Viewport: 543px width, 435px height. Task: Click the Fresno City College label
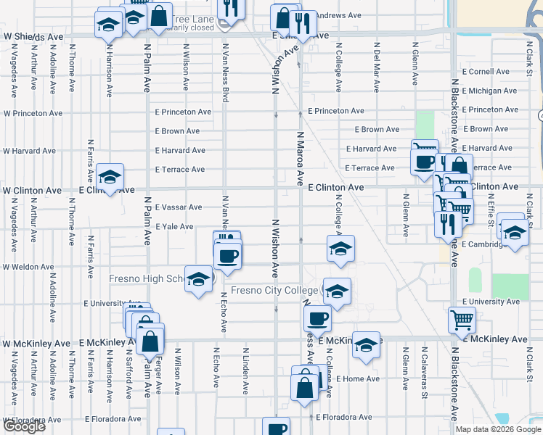(274, 291)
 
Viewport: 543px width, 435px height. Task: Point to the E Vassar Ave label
(178, 207)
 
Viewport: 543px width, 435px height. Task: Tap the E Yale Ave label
(173, 226)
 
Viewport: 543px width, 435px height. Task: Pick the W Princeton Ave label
(32, 113)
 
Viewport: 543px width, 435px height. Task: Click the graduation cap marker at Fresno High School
(198, 279)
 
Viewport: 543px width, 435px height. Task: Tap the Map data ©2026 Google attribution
(498, 429)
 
